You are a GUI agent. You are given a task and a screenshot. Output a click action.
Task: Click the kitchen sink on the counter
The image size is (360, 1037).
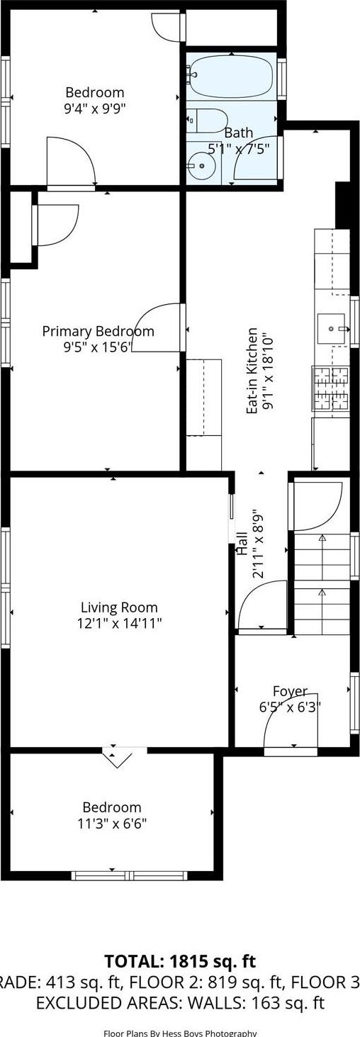(x=331, y=329)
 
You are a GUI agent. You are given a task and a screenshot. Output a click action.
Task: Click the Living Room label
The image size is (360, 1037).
(x=119, y=607)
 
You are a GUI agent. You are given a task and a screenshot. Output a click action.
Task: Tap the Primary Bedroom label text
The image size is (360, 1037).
(x=98, y=331)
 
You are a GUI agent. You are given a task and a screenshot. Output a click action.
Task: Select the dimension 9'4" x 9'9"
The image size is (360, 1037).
(x=95, y=108)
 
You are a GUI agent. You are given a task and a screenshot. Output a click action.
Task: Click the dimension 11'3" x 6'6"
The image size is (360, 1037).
(x=112, y=823)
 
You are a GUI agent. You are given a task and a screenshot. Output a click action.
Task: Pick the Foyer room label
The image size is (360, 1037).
(x=290, y=691)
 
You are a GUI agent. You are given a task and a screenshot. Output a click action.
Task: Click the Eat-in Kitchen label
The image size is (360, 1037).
(x=252, y=371)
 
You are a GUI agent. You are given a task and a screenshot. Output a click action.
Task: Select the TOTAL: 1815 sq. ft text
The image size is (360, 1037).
(x=180, y=962)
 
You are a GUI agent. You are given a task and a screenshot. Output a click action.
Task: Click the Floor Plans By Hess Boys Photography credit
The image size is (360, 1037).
(x=180, y=1033)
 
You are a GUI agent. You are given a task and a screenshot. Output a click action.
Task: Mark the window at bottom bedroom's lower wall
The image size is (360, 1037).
(x=130, y=875)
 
